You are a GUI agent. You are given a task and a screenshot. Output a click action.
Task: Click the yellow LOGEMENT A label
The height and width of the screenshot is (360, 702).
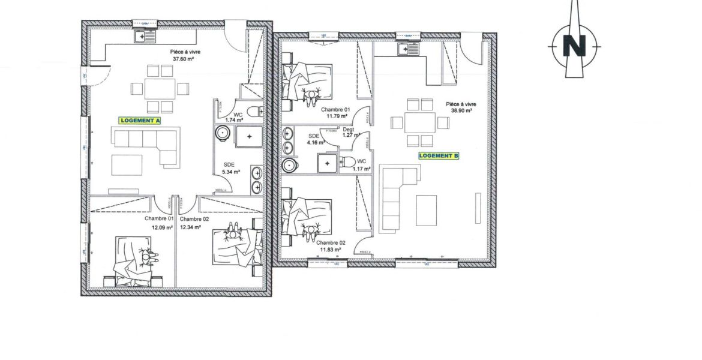[x=140, y=121]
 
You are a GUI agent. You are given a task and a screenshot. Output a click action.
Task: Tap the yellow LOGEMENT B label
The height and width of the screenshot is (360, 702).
[x=439, y=155]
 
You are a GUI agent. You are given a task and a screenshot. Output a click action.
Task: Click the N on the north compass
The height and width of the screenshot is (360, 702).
[x=575, y=46]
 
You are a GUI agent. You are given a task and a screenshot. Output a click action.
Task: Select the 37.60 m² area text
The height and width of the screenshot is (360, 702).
[x=187, y=59]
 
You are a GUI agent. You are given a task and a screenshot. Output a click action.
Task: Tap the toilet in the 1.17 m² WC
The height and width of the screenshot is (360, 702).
[x=349, y=161]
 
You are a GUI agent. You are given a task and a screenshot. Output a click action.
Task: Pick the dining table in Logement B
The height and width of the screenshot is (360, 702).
[x=419, y=122]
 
